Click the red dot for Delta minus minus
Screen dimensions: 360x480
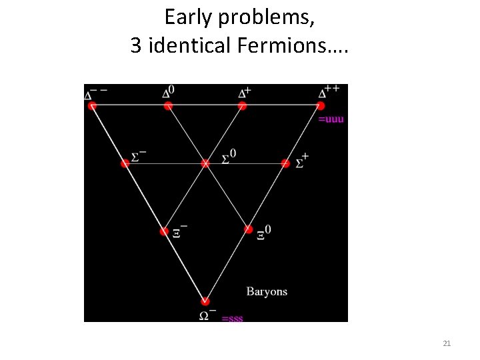92,105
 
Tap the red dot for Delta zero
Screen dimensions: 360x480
169,105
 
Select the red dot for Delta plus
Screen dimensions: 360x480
243,105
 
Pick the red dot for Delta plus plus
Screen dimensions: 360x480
320,105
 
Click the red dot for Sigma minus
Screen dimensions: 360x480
125,163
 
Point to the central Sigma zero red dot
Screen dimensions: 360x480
205,163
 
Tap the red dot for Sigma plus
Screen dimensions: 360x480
285,163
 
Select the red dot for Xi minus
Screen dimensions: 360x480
165,231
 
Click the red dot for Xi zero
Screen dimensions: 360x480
248,229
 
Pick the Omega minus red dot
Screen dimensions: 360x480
205,301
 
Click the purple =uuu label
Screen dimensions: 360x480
331,119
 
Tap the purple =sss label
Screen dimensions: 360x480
232,318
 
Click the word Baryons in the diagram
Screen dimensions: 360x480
267,291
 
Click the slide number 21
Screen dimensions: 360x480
447,343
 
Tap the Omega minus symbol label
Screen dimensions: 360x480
207,314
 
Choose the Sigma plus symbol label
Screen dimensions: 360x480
301,161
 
